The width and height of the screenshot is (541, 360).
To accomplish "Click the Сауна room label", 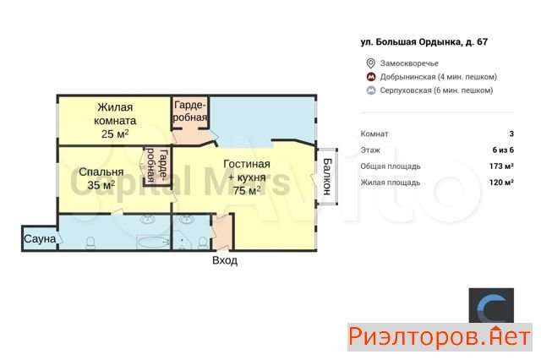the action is (x=40, y=239).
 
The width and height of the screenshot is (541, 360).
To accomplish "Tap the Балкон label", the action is (x=327, y=177).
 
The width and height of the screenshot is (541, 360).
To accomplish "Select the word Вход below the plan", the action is (x=225, y=260).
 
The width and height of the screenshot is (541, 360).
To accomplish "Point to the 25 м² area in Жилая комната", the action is (x=115, y=134).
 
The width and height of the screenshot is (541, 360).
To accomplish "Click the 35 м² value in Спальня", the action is (x=101, y=185).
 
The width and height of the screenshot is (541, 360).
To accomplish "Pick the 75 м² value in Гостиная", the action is (x=246, y=190).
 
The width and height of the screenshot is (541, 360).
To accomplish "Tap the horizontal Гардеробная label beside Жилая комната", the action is (x=190, y=111).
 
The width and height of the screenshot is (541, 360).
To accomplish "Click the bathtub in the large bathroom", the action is (x=153, y=242).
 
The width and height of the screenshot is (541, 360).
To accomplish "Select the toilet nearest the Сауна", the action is (x=90, y=242).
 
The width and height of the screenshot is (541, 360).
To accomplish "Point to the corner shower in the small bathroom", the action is (x=182, y=241).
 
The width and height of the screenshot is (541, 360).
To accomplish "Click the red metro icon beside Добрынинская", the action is (x=371, y=77).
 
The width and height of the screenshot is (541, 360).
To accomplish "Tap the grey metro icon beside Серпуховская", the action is (x=371, y=90).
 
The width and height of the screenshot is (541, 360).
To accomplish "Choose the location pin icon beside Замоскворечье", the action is (x=370, y=63).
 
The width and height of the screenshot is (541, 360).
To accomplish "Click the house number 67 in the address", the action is (x=482, y=42).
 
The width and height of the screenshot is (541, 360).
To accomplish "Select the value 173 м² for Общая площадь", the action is (x=501, y=166).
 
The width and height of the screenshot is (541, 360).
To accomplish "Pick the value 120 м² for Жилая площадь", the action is (x=501, y=182).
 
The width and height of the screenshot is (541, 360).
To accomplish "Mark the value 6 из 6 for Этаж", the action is (x=503, y=150).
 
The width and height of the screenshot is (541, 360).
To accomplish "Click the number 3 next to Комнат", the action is (x=511, y=134).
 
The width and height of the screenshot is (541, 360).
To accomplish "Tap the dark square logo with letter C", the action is (x=491, y=306).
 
